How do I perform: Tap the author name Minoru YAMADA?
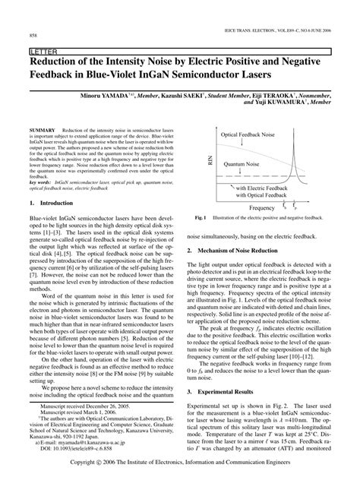(128, 98)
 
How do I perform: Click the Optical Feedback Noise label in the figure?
(247, 134)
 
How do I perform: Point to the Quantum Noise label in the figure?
(238, 162)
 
